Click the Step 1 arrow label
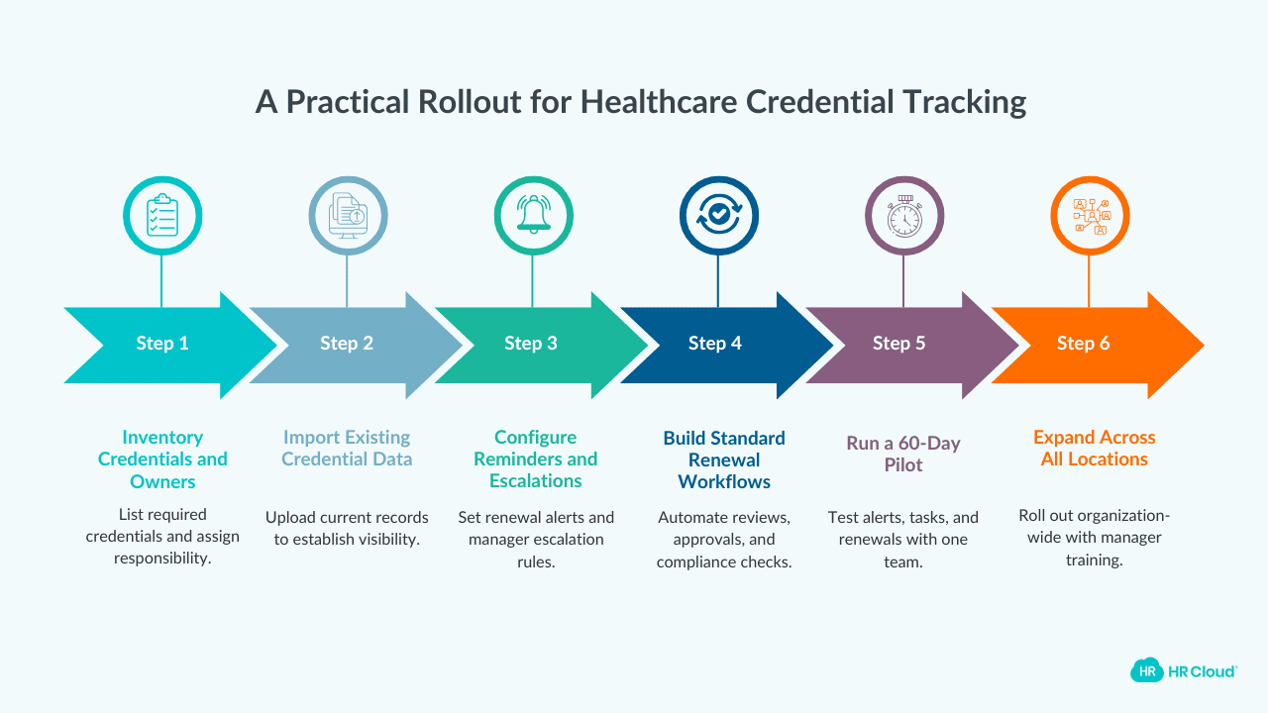(162, 344)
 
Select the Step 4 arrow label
(715, 344)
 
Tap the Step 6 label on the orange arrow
(1083, 344)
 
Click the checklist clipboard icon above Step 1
(162, 216)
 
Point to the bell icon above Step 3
(533, 216)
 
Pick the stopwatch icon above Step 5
(903, 216)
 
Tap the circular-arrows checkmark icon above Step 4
(718, 216)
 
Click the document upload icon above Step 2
(348, 216)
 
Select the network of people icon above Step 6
(1090, 216)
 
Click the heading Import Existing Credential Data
(347, 448)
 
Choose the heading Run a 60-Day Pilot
(903, 454)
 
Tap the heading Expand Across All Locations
(1094, 448)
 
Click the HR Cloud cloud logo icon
(1146, 670)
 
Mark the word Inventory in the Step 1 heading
(162, 437)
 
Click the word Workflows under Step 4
(724, 482)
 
